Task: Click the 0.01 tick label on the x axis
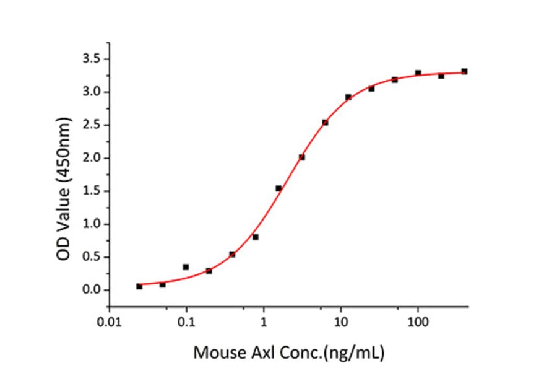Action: pyautogui.click(x=110, y=323)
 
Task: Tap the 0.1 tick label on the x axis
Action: pyautogui.click(x=186, y=323)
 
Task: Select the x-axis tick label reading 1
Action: pyautogui.click(x=264, y=323)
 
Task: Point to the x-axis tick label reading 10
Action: pyautogui.click(x=340, y=323)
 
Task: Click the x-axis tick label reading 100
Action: pyautogui.click(x=418, y=323)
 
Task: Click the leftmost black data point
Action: pyautogui.click(x=139, y=286)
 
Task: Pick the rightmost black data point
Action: pyautogui.click(x=464, y=71)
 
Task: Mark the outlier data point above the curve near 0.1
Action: pyautogui.click(x=186, y=267)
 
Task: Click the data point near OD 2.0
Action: pyautogui.click(x=302, y=157)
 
